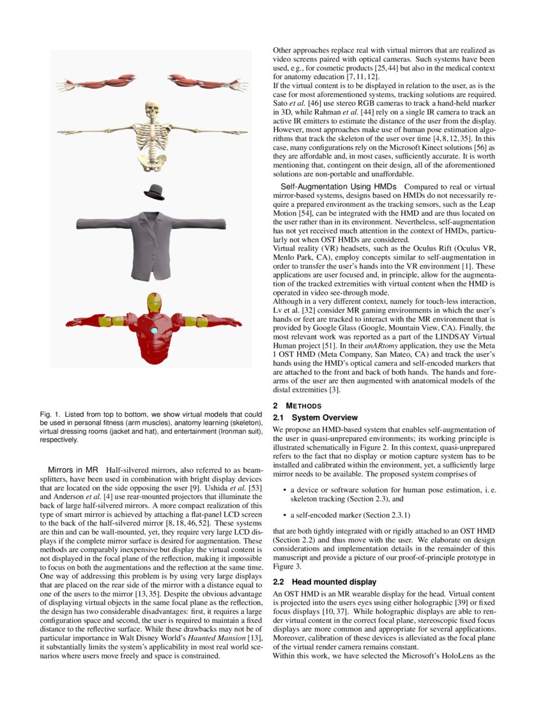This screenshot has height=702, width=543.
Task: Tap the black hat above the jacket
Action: click(154, 191)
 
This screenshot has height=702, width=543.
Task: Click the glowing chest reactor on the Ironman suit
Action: click(153, 331)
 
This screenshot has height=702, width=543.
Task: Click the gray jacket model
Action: click(153, 239)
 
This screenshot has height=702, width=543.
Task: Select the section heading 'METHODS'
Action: click(303, 406)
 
